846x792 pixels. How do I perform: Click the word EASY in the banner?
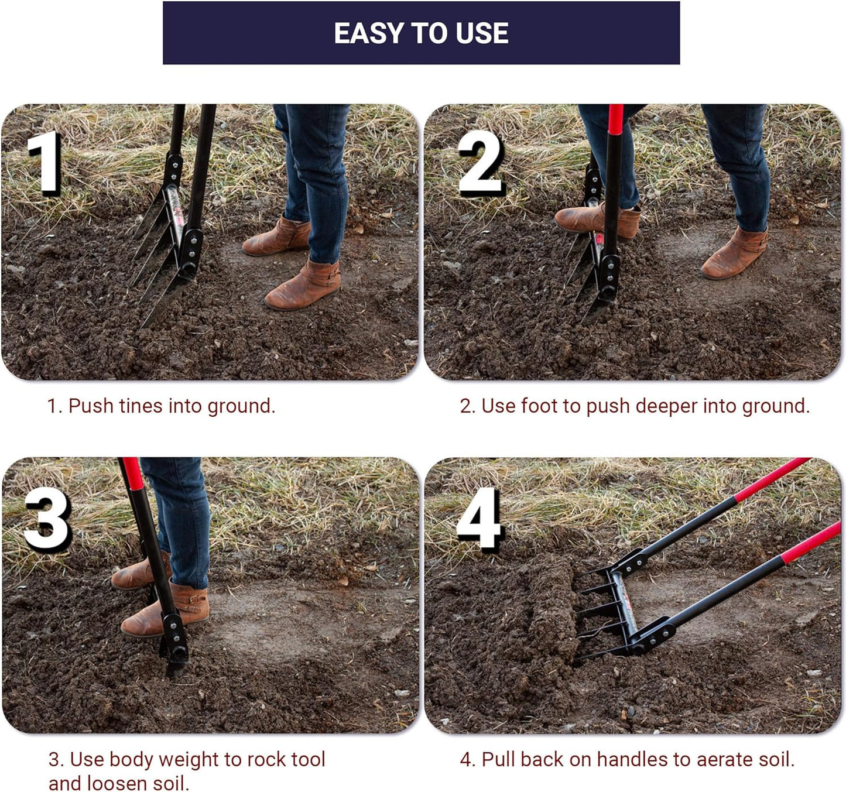pyautogui.click(x=369, y=33)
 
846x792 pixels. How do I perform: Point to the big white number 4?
pyautogui.click(x=479, y=517)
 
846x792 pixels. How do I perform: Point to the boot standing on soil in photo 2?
pyautogui.click(x=734, y=254)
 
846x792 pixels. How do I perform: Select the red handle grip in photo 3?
pyautogui.click(x=133, y=474)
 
